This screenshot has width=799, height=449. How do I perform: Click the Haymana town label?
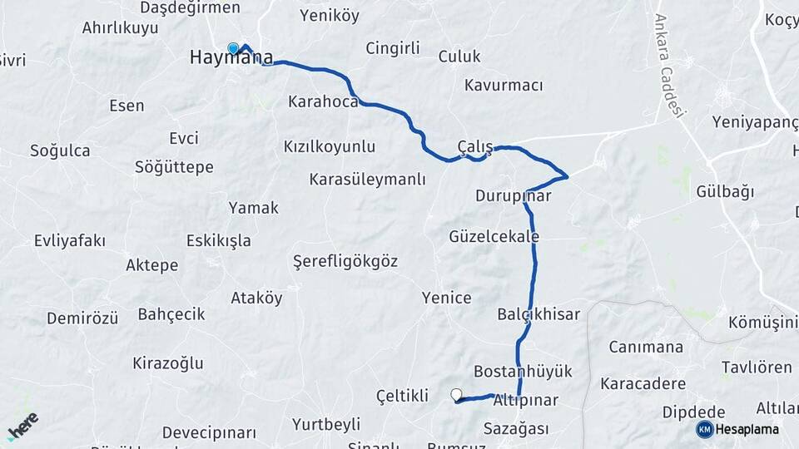pos(231,58)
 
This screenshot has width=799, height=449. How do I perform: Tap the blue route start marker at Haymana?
pos(234,48)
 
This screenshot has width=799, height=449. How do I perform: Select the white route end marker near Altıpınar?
pos(456,394)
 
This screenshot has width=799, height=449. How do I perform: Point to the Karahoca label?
pos(323,102)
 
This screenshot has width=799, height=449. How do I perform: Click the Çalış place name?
pos(475,147)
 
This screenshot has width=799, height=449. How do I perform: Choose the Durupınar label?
pos(514,197)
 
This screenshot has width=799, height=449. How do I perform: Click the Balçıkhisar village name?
pos(538,314)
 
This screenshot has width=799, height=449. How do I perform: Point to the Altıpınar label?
pos(525,401)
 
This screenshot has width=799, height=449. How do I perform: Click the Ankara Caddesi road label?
pos(669,67)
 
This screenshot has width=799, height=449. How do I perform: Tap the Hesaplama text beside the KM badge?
pos(747,430)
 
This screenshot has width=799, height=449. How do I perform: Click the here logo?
pos(22,426)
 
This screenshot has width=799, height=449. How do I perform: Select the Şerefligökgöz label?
pos(345,262)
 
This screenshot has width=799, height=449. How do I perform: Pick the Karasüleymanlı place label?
pos(367,180)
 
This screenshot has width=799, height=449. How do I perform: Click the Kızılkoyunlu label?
pos(330,147)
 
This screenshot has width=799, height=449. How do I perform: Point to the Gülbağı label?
pos(725,192)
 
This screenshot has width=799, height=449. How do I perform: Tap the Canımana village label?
pos(646,348)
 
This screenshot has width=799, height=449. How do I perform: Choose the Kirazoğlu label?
pos(168,363)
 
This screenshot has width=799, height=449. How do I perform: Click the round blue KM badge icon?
pos(704,430)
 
